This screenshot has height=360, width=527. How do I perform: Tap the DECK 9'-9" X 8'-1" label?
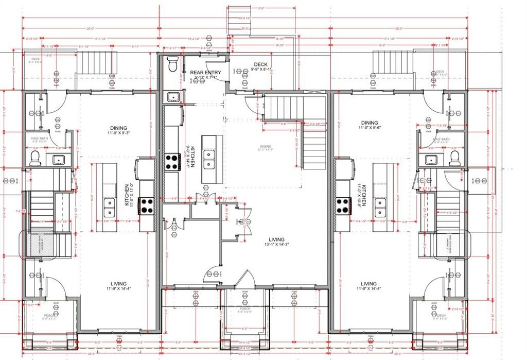click(x=261, y=65)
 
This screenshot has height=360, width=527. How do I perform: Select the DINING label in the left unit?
click(x=118, y=128)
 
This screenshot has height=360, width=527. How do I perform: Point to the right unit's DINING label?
click(x=369, y=123)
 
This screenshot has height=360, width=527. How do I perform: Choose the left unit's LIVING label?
click(x=119, y=284)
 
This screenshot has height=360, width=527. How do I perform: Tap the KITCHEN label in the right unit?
click(x=363, y=196)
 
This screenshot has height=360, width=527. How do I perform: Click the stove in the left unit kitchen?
click(x=147, y=206)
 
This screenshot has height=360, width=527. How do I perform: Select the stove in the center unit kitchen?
click(x=171, y=162)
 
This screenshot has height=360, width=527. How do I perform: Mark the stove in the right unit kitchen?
click(x=343, y=205)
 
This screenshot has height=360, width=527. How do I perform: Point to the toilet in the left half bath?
click(x=35, y=158)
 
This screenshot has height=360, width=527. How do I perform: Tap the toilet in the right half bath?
click(x=453, y=159)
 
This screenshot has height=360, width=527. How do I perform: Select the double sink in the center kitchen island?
click(x=209, y=159)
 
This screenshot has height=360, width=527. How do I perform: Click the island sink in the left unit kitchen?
click(x=110, y=207)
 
